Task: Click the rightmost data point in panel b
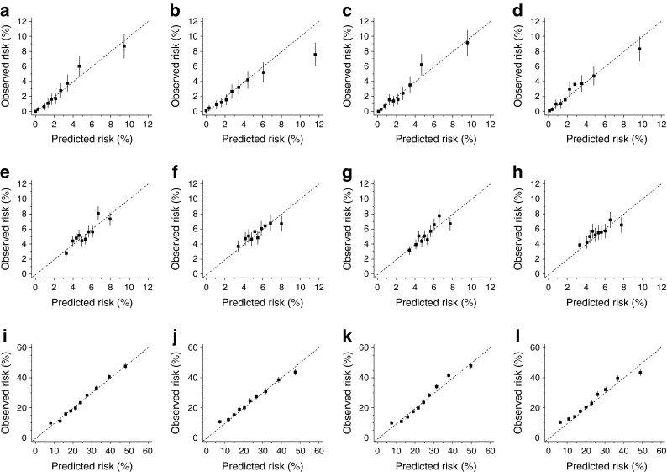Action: coord(315,55)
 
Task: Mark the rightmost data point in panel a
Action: coord(123,45)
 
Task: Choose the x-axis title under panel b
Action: coord(262,136)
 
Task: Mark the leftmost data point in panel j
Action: coord(220,422)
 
